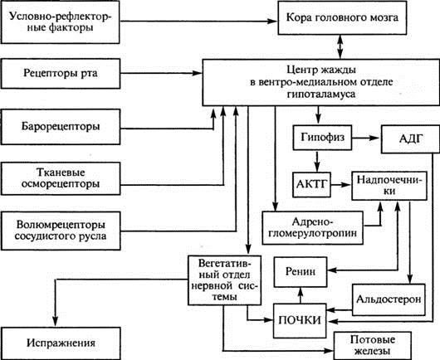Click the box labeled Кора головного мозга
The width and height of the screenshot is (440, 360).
(353, 17)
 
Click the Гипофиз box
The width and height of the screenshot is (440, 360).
(318, 135)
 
